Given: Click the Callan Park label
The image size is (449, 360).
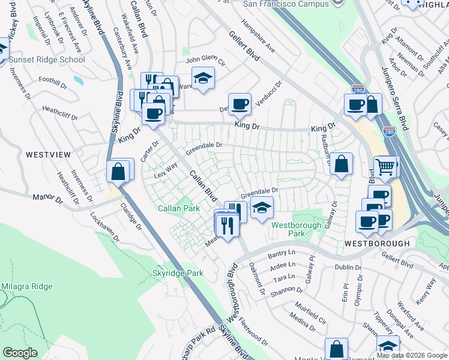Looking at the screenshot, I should [178, 208].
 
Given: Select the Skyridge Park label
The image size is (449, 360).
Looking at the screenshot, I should [177, 273].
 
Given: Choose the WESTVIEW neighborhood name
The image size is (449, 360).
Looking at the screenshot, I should [48, 155].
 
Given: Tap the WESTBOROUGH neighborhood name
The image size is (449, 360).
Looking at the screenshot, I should [378, 244].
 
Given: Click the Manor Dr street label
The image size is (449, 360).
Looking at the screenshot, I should [48, 196].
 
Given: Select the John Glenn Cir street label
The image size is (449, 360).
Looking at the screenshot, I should [205, 61].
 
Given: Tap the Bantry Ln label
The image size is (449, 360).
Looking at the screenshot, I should [282, 254].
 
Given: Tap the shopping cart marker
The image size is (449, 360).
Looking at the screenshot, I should [385, 166].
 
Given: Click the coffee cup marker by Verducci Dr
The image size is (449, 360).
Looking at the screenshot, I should [240, 103].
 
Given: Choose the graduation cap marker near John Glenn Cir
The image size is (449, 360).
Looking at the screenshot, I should [203, 77].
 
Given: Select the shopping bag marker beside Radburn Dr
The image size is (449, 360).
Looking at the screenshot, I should [341, 164].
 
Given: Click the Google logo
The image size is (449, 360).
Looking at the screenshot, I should [20, 353].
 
